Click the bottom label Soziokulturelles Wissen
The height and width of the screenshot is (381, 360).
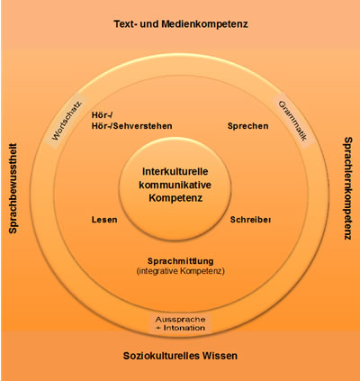[x=180, y=356]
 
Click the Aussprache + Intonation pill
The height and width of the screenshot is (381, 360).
[x=179, y=323]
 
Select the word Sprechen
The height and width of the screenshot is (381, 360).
[x=247, y=126]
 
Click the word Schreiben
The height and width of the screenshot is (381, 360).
[x=251, y=219]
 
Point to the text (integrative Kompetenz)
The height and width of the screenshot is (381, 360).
[x=179, y=270]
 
